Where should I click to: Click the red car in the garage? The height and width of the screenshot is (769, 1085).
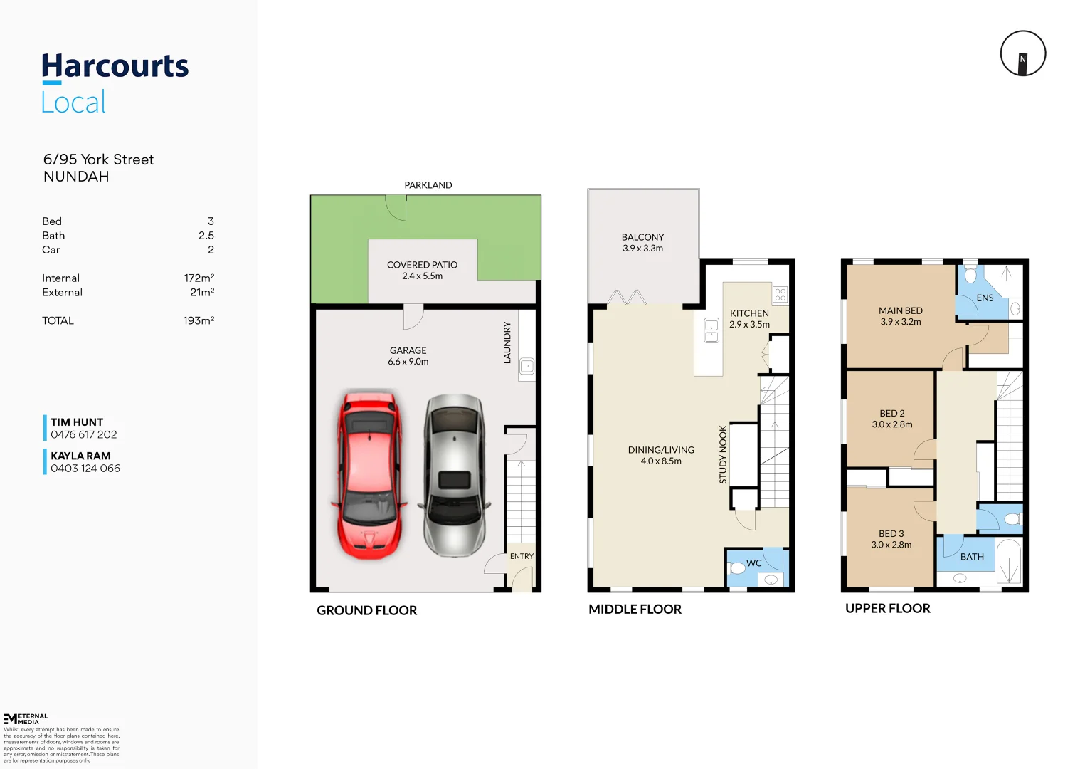coord(369,474)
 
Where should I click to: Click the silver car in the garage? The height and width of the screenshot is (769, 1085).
coord(454,476)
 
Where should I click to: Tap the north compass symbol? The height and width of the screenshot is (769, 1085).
coord(1022,53)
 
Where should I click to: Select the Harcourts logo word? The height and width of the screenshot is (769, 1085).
coord(115,66)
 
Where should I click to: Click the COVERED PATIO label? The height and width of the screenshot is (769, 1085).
coord(422,265)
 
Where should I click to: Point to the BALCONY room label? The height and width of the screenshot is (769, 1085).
coord(642,237)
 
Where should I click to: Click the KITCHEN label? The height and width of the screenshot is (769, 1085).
coord(749,313)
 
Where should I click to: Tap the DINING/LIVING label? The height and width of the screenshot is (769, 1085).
coord(661,450)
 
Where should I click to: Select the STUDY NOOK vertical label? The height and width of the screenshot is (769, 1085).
coord(723,455)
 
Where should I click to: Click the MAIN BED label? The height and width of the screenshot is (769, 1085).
coord(900,310)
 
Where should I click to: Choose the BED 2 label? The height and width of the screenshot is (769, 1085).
coord(891,413)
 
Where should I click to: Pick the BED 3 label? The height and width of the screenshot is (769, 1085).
coord(891,533)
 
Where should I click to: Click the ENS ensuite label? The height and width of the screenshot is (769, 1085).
coord(985,298)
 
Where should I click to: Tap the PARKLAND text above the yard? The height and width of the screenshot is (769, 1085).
coord(428,185)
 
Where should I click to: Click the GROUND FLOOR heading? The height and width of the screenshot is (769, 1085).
coord(366,610)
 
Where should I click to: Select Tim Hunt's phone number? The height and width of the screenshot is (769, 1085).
coord(84,434)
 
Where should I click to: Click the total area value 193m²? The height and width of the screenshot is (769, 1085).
coord(199,320)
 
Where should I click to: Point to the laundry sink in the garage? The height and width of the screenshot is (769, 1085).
coord(526,367)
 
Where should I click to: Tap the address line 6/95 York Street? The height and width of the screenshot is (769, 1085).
coord(98,159)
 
